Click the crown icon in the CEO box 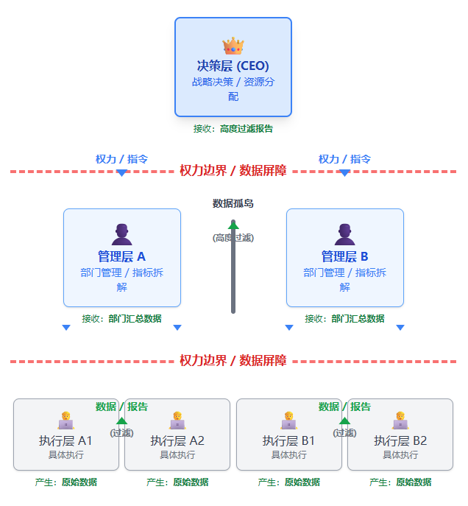(233, 46)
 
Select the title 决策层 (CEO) (233, 66)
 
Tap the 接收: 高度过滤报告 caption (233, 129)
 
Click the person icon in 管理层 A (122, 234)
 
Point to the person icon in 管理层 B (344, 234)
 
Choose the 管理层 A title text (122, 256)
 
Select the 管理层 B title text (344, 256)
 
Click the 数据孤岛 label (233, 203)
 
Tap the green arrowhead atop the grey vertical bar (233, 224)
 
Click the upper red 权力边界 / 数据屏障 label (233, 171)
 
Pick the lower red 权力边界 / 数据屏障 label (233, 361)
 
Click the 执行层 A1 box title (66, 440)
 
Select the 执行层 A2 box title (177, 440)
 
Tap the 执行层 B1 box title (289, 440)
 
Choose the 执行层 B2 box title (400, 440)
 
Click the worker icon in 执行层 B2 (400, 421)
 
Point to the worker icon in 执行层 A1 (66, 421)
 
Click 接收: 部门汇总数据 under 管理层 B (344, 319)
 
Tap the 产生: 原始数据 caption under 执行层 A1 (66, 482)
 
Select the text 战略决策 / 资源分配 (233, 89)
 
